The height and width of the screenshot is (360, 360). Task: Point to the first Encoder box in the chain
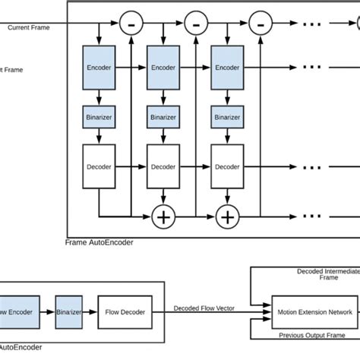coord(99,68)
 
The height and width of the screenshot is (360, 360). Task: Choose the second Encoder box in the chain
coord(163,68)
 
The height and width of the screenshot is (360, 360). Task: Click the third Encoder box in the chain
coord(228,68)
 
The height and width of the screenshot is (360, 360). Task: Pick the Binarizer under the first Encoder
coord(99,118)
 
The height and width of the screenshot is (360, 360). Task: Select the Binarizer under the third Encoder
coord(228,118)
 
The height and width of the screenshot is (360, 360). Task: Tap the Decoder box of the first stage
coord(99,167)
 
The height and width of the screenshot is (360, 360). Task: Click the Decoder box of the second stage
coord(163,167)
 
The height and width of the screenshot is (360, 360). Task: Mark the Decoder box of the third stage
coord(228,167)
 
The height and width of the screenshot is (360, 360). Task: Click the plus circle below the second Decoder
coord(163,218)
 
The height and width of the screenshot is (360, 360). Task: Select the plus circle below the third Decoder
coord(228,218)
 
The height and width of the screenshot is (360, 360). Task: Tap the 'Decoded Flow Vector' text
coord(204,307)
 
